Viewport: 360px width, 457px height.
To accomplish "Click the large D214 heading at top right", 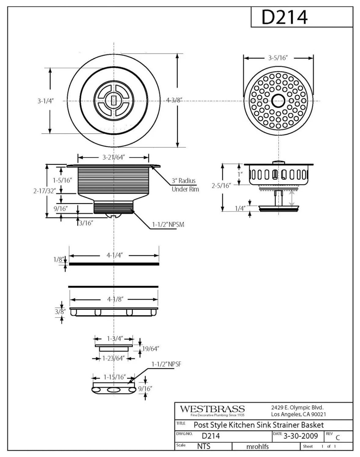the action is tap(285, 17).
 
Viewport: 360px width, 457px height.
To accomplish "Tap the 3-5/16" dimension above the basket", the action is tap(278, 58).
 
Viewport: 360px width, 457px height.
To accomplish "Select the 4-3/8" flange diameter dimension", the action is tap(174, 100).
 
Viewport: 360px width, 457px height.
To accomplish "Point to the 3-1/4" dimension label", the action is tap(45, 101).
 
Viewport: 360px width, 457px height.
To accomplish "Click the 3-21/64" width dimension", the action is tap(114, 157).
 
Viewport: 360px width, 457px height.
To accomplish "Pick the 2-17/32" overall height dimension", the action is tap(44, 191).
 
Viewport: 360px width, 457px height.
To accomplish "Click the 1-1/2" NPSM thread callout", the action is tap(168, 225).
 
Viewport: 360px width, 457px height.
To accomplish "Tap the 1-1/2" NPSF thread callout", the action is tap(166, 364).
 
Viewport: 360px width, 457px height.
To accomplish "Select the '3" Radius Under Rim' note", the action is tap(185, 185).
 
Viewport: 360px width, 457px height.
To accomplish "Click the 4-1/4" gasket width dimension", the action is tap(115, 255).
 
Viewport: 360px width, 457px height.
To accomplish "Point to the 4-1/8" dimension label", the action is tap(115, 299).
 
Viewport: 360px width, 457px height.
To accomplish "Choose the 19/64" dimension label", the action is tap(151, 349).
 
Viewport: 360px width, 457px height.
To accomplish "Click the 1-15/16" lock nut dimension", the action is tap(115, 377).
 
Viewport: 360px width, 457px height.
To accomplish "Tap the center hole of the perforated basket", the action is tap(278, 101).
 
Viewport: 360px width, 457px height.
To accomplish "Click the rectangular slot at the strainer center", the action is tap(114, 100).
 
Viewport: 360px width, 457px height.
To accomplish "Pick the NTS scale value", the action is tap(204, 446).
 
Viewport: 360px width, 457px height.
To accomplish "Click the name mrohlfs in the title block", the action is tap(257, 447).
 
